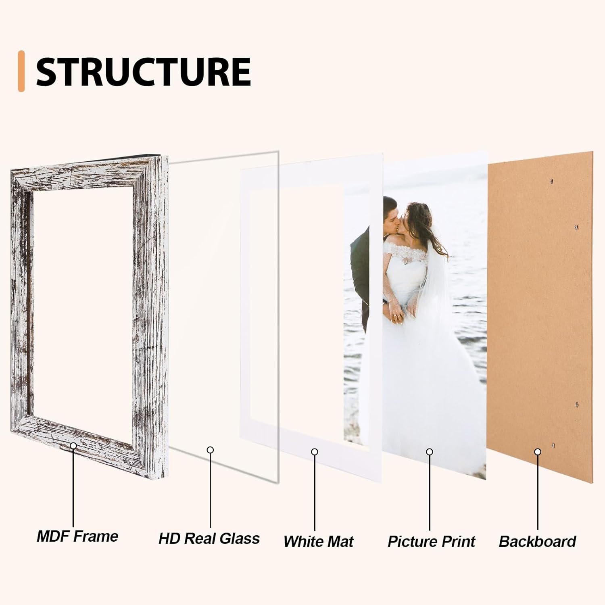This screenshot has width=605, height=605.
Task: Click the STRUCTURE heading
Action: [x=143, y=72]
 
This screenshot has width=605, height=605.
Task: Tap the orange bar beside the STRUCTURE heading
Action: [x=21, y=71]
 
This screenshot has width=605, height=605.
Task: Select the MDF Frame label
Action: [x=77, y=536]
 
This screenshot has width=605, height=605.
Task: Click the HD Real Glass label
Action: [x=209, y=538]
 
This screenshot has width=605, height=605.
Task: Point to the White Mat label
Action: [x=318, y=541]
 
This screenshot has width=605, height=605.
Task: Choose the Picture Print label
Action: [x=431, y=541]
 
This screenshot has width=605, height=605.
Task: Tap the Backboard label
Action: [x=537, y=541]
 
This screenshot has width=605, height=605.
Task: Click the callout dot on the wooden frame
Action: [x=73, y=445]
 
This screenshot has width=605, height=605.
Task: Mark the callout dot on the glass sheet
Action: [x=210, y=450]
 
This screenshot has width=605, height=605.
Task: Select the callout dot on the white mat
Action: [x=315, y=452]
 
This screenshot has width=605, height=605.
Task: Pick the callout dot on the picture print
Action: [x=430, y=452]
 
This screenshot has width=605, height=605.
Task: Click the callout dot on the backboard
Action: [x=538, y=452]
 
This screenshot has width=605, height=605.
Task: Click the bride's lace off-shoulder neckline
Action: [x=407, y=254]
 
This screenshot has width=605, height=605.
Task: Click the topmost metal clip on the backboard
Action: [x=552, y=181]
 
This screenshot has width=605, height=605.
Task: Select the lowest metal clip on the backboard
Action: [x=553, y=445]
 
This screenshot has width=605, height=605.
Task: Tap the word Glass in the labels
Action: [x=240, y=538]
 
